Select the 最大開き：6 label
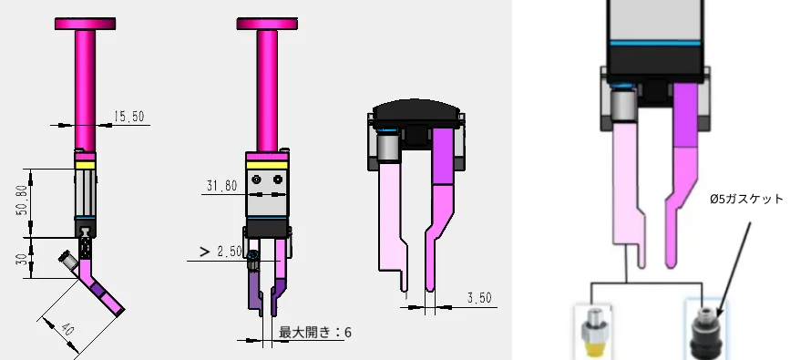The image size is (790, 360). coord(313,333)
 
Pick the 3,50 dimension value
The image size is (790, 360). coord(478,297)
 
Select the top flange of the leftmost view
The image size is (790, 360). coord(87,23)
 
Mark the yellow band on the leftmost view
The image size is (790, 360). coord(85,164)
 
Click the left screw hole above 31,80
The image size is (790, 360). coord(256,179)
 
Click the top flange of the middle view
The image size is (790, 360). coord(268,23)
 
